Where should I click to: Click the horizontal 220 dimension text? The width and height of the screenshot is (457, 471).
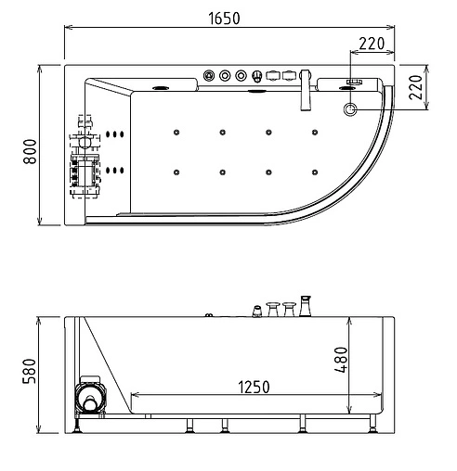point(372,42)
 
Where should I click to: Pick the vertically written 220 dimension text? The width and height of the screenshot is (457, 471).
point(416,88)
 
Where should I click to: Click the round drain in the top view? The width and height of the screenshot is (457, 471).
point(351,109)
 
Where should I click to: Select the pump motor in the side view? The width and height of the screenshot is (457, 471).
point(90,400)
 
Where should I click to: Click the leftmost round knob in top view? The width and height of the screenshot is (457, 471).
point(210,74)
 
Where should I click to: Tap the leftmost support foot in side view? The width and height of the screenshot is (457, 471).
point(78,426)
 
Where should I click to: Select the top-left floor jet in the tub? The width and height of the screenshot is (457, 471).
point(175,132)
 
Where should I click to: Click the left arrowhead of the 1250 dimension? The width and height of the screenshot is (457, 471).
point(134,394)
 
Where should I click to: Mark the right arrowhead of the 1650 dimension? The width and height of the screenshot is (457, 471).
point(392,28)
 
